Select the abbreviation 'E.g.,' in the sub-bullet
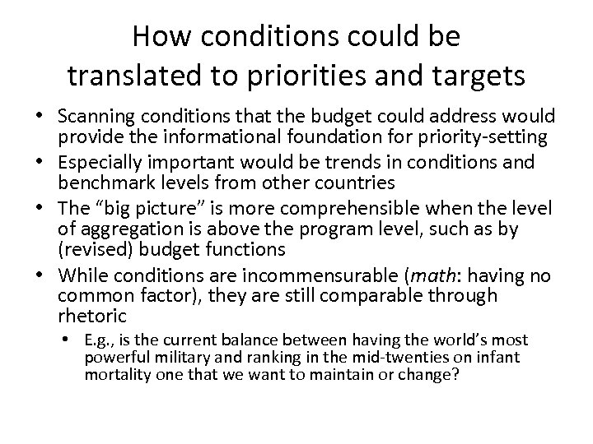tap(102, 340)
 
